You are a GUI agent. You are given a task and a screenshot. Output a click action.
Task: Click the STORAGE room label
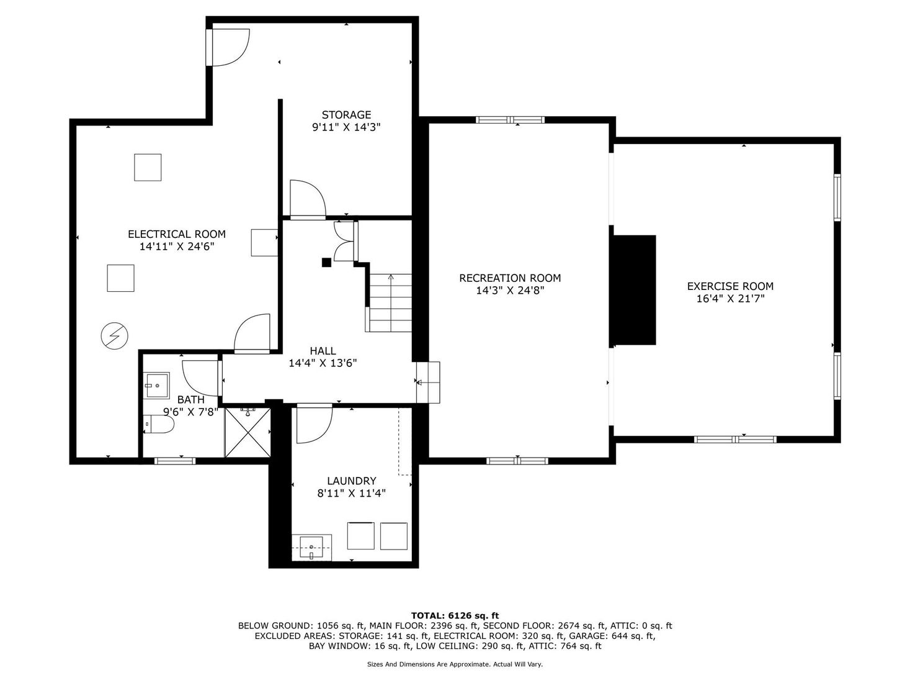(346, 114)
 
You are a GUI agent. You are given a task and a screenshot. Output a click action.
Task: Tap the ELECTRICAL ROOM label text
(177, 234)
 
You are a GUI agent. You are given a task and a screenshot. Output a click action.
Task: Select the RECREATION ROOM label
(510, 278)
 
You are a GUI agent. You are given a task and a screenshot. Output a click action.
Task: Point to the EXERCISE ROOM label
(730, 286)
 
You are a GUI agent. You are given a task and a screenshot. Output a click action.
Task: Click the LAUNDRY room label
(352, 481)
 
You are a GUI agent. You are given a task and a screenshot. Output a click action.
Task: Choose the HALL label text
(323, 351)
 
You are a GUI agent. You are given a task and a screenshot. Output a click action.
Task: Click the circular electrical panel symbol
(114, 335)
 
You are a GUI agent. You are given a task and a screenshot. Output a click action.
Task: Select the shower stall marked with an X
(248, 432)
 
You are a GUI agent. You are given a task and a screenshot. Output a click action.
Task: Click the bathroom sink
(156, 385)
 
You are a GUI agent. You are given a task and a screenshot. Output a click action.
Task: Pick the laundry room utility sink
(311, 547)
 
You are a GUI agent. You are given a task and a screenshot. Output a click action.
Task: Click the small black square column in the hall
(327, 262)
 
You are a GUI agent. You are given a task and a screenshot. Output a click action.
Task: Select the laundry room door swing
(314, 423)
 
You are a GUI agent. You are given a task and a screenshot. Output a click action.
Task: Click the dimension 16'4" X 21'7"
(730, 299)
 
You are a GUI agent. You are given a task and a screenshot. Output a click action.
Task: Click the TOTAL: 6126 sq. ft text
(455, 615)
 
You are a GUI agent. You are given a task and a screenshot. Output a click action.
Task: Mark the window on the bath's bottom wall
(174, 461)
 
